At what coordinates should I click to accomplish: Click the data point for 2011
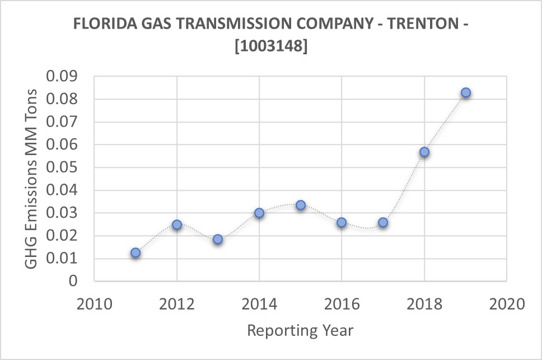135,253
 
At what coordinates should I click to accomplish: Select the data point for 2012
177,225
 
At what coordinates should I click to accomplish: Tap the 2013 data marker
218,239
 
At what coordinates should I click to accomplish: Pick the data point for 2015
301,205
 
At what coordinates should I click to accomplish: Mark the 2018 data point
424,152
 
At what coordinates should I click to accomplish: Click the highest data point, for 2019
466,92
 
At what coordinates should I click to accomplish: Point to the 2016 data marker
342,222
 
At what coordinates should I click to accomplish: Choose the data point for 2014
259,213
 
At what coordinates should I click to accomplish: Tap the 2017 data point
383,222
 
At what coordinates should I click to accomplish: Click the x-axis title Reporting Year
300,330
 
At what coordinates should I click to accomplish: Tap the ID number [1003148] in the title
271,47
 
